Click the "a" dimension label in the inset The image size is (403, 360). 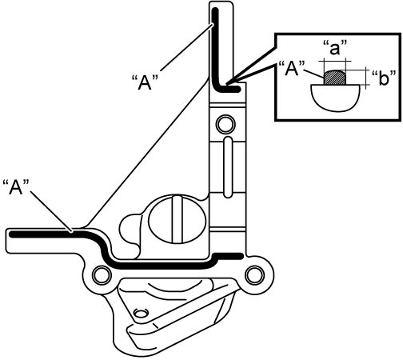click(334, 47)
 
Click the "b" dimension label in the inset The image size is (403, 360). click(383, 78)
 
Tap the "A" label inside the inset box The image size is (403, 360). click(292, 69)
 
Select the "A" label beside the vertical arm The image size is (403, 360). click(146, 82)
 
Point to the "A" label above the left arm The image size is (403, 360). click(16, 187)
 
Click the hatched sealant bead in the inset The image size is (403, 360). click(335, 78)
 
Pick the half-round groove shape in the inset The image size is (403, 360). click(335, 98)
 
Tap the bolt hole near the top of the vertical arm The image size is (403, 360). click(225, 124)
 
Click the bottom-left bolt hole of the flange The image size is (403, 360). click(102, 275)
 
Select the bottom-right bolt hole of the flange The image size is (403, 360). click(254, 275)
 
